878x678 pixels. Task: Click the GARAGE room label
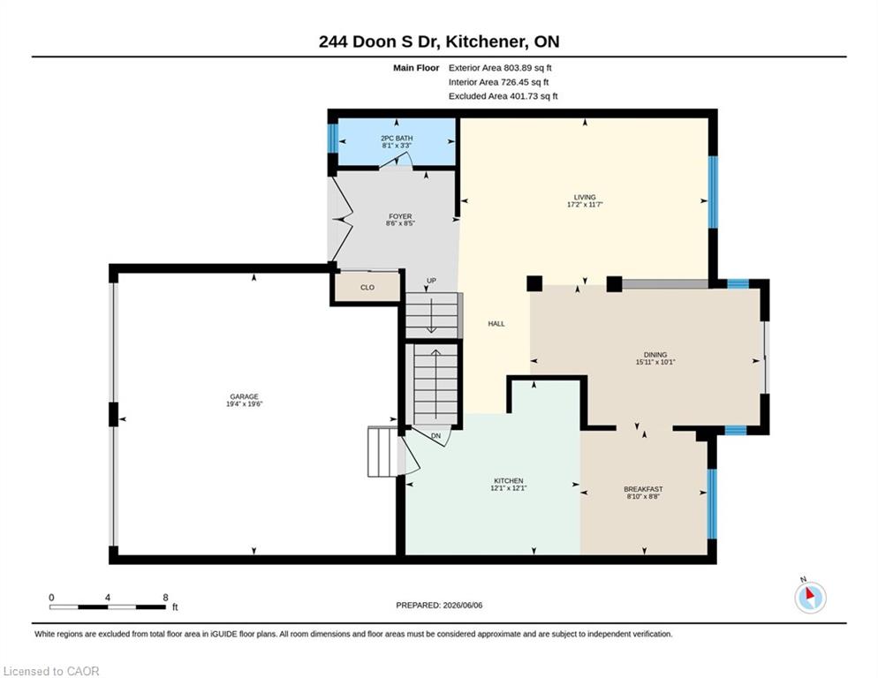pos(244,396)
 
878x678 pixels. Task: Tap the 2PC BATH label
pos(397,139)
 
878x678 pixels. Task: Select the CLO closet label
pos(367,287)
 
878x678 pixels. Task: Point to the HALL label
pos(496,324)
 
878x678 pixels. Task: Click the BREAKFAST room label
pos(643,489)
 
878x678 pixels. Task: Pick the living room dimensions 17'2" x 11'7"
pos(585,204)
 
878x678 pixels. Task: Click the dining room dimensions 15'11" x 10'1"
pos(655,362)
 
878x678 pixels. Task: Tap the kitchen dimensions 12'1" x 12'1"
pos(509,487)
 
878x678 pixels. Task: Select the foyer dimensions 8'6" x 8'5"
pos(400,223)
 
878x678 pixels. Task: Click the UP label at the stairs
pos(431,281)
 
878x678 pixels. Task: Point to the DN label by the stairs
pos(435,435)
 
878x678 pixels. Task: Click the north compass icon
pos(810,598)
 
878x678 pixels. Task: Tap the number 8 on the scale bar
pos(165,598)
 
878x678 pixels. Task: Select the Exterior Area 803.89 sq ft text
pos(500,68)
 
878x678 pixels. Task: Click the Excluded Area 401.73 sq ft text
pos(503,95)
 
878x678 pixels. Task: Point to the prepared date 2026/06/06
pos(463,606)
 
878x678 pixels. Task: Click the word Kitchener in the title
pos(486,41)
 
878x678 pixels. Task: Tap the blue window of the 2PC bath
pos(333,138)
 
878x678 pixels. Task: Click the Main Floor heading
pos(416,68)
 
